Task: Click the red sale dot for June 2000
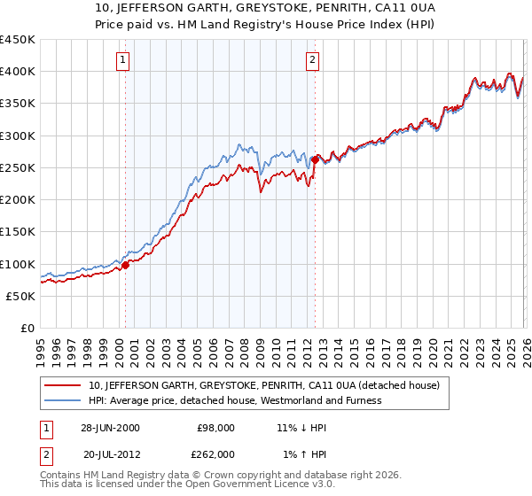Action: tap(125, 264)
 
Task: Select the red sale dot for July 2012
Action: tap(315, 159)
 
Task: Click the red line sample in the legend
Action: tap(63, 385)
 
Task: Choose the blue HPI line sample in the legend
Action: tap(63, 400)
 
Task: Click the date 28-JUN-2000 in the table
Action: tap(109, 428)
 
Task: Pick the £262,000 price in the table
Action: tap(215, 453)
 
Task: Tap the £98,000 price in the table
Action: tap(215, 428)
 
